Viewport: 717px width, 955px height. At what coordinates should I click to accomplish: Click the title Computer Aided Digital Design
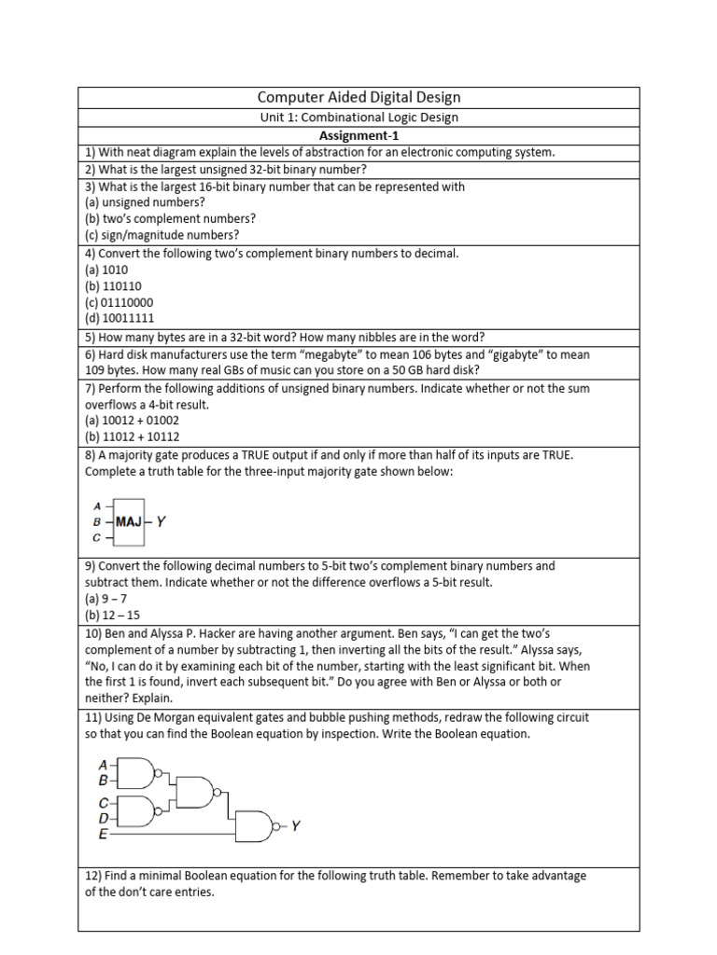(x=358, y=97)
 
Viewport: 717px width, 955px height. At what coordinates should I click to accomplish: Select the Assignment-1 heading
(x=358, y=135)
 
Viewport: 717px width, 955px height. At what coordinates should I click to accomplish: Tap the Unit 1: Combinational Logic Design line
(x=358, y=118)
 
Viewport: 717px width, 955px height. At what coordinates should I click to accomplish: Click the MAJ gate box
(x=129, y=522)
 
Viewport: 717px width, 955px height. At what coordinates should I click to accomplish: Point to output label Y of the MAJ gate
(x=161, y=522)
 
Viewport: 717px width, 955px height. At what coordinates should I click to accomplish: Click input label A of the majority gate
(x=98, y=506)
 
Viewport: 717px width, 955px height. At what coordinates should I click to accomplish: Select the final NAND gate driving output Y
(x=254, y=825)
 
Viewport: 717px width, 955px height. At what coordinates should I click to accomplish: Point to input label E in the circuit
(x=103, y=835)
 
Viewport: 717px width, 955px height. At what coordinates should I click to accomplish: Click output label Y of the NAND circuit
(x=295, y=825)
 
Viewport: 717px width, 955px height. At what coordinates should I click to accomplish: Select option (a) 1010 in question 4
(x=106, y=270)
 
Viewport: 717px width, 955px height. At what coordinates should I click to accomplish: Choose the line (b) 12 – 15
(x=113, y=615)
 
